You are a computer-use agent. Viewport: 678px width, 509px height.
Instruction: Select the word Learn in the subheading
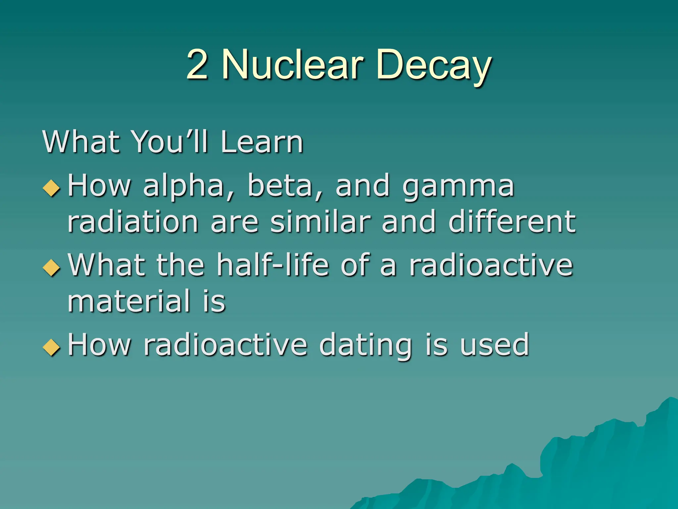point(262,142)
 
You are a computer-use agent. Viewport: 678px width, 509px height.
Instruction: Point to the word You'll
point(170,142)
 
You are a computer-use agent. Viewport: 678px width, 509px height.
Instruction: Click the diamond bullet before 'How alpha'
point(52,188)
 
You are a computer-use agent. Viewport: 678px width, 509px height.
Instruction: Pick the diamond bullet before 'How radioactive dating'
point(52,347)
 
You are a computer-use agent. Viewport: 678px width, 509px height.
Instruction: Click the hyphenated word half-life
point(273,265)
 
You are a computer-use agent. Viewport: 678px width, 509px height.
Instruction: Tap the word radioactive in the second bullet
point(491,265)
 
